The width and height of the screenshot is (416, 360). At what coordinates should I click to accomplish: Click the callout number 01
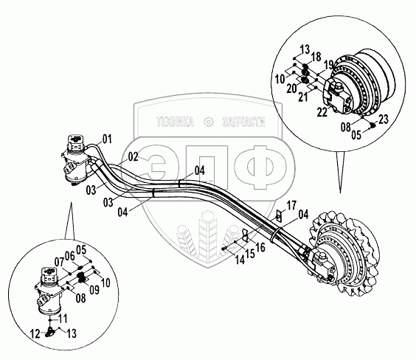pos(107,139)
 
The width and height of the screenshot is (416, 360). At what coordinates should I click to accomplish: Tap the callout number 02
pos(134,156)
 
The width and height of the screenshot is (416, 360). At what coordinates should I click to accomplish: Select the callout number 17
pos(291,205)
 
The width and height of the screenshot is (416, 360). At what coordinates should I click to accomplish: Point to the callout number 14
pos(240,260)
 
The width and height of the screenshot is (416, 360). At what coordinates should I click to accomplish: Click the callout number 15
pos(249,254)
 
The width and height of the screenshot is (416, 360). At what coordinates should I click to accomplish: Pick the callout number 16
pos(260,247)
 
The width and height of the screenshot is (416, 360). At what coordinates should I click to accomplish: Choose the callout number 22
pos(322,112)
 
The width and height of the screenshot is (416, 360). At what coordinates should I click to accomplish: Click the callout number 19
pos(328,64)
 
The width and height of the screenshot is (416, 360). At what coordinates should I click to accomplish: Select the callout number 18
pos(316,57)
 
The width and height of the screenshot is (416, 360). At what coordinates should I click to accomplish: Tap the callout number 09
pos(94,290)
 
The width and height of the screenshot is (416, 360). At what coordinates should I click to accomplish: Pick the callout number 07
pos(60,263)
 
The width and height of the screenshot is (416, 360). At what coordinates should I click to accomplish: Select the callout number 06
pos(70,256)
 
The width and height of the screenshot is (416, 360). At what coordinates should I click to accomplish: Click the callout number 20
pos(291,89)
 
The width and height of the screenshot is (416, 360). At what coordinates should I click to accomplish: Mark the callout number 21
pos(303,97)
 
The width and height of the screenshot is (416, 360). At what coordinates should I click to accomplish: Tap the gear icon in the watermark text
pos(208,122)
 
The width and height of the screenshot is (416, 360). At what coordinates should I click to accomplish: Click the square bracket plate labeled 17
pos(279,216)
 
